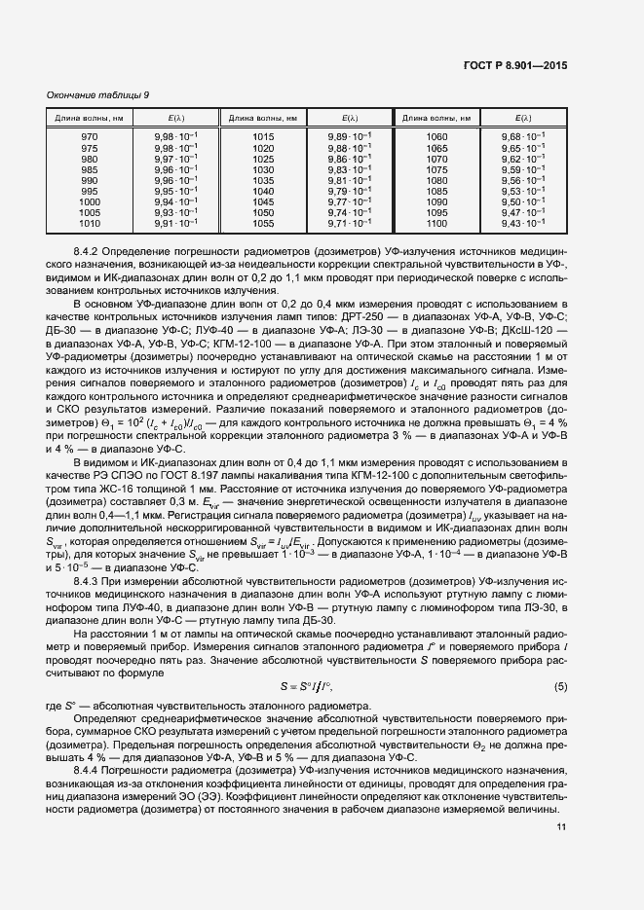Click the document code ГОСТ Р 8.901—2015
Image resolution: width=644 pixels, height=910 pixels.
pos(514,67)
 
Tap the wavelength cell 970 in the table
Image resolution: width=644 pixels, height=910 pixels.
pos(90,136)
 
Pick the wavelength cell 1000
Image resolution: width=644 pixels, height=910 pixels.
pos(90,201)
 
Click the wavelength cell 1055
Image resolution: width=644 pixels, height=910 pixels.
pos(263,223)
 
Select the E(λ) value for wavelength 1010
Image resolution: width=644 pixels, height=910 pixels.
pos(176,223)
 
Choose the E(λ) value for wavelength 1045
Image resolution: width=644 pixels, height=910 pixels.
pos(350,201)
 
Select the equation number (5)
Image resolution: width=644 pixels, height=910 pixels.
pos(560,686)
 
